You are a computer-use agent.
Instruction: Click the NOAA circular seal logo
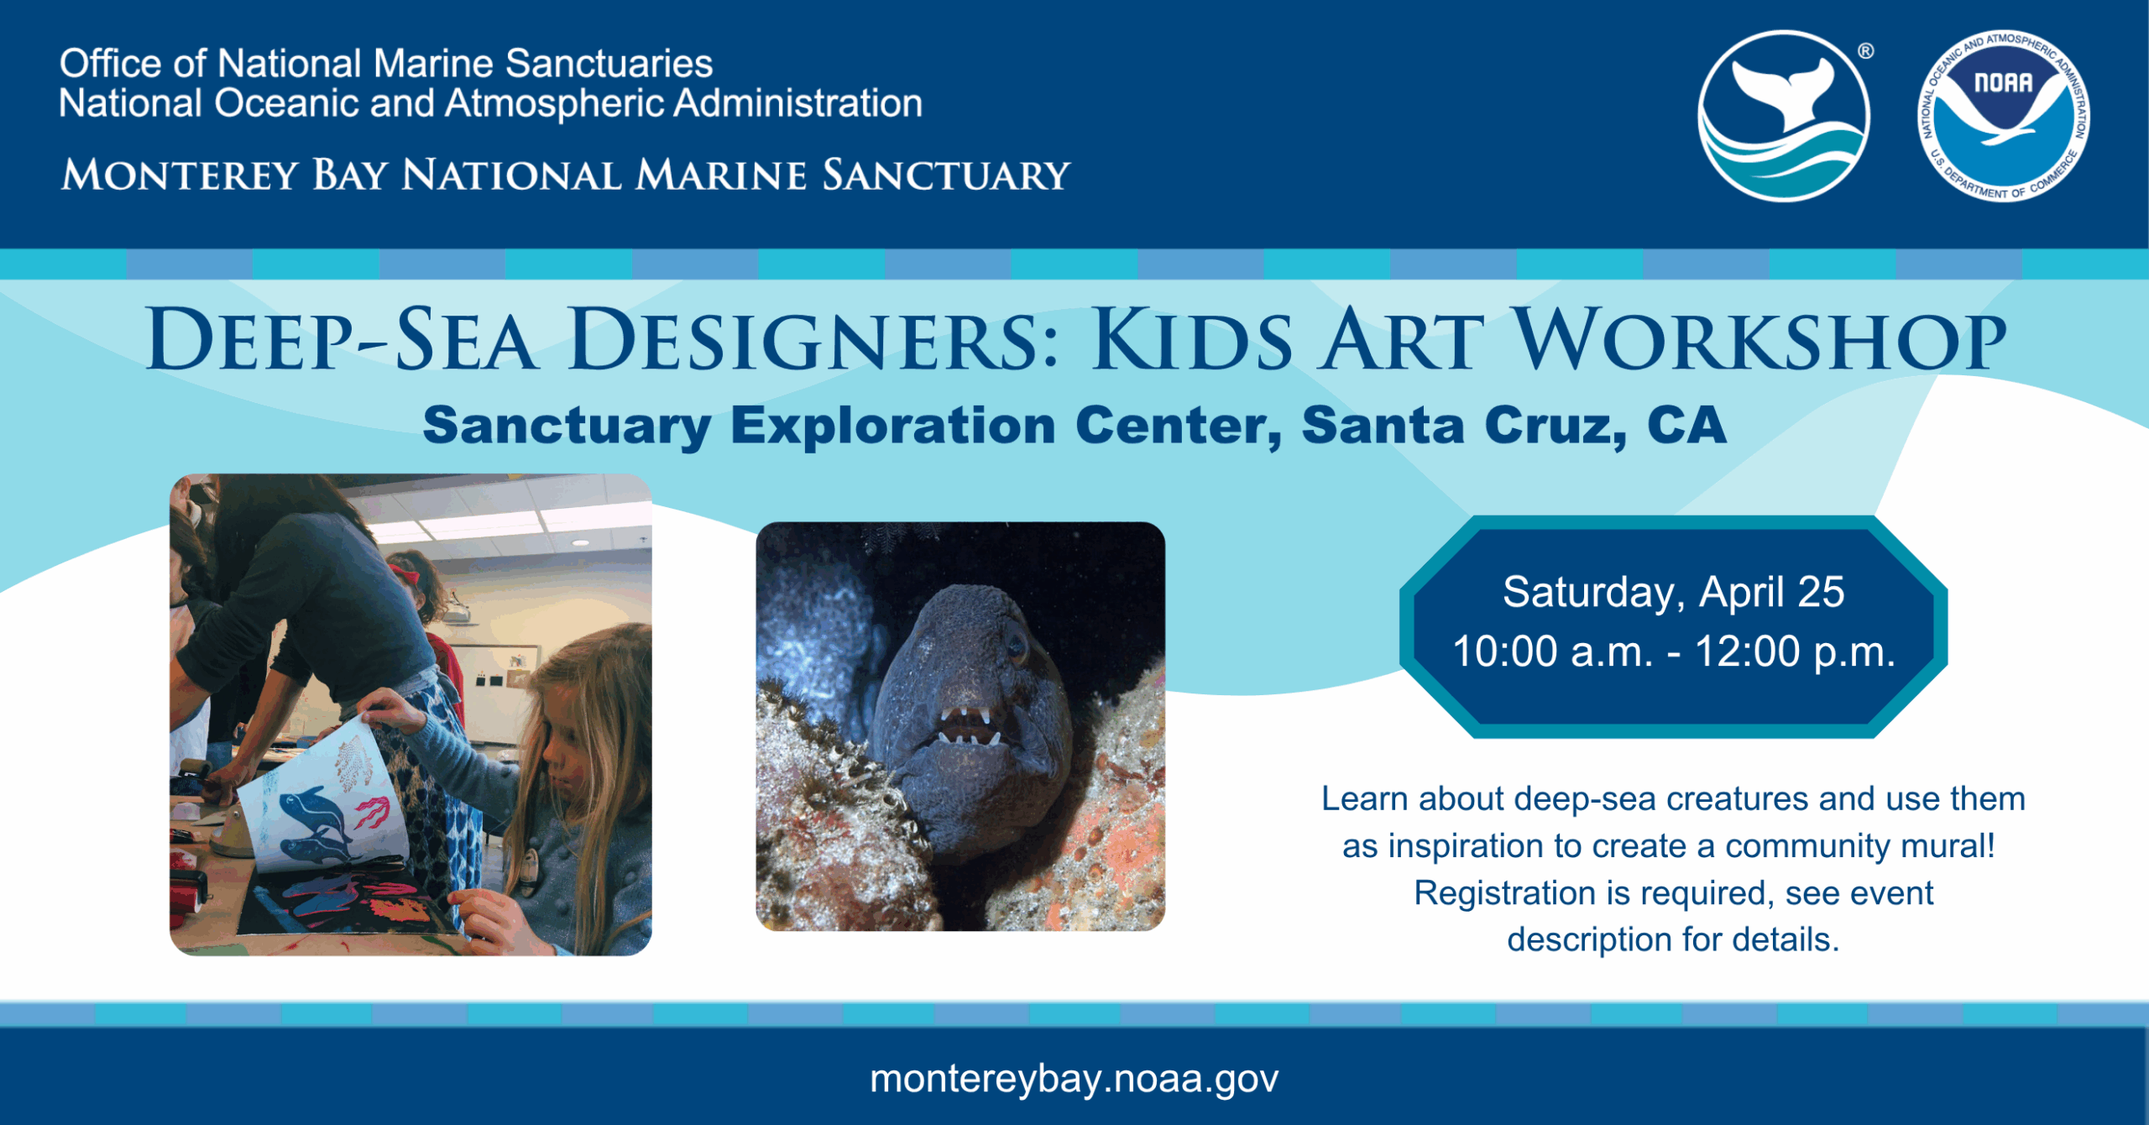click(2004, 117)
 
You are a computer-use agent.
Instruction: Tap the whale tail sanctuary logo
click(1784, 117)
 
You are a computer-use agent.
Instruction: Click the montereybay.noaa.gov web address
click(1074, 1080)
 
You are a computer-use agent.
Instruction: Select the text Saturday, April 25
click(1673, 593)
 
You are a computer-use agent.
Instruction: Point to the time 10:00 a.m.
click(1553, 651)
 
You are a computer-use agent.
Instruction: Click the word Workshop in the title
click(1761, 340)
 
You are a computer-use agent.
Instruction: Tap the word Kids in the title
click(1191, 340)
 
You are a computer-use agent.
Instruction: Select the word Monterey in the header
click(180, 175)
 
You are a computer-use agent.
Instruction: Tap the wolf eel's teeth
click(970, 725)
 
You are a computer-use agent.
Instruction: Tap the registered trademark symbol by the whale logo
click(1865, 51)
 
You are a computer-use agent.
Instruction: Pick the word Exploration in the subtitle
click(893, 426)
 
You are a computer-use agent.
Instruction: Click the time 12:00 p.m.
click(1796, 651)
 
